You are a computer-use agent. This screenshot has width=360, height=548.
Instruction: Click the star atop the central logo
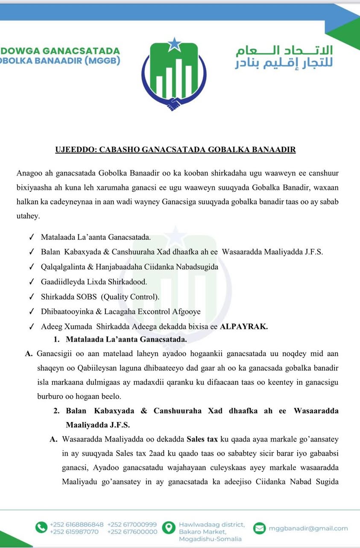(x=175, y=44)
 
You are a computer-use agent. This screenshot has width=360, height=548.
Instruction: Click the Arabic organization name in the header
(x=285, y=57)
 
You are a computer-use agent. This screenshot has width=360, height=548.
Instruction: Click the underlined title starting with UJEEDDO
(x=176, y=149)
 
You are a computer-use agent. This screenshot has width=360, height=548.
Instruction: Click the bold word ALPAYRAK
(x=244, y=327)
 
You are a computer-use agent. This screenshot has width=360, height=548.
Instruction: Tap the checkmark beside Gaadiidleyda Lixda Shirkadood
(x=31, y=282)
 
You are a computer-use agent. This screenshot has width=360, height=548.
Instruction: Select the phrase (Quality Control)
(x=130, y=297)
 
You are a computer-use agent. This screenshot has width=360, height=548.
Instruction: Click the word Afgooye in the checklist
(x=184, y=312)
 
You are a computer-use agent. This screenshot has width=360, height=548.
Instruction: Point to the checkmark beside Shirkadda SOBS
(x=31, y=297)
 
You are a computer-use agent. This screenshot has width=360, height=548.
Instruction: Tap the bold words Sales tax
(x=203, y=439)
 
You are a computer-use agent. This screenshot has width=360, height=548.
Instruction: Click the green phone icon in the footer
(x=41, y=528)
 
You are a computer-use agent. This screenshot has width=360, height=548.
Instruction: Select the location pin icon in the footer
(x=169, y=527)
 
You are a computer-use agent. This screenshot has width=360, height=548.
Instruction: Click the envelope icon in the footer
(x=259, y=528)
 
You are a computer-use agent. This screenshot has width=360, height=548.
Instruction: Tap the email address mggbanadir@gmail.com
(x=308, y=528)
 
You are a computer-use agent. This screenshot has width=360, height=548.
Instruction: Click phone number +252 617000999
(x=132, y=524)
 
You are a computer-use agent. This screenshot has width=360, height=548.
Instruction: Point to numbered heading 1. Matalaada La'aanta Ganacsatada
(x=120, y=340)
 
